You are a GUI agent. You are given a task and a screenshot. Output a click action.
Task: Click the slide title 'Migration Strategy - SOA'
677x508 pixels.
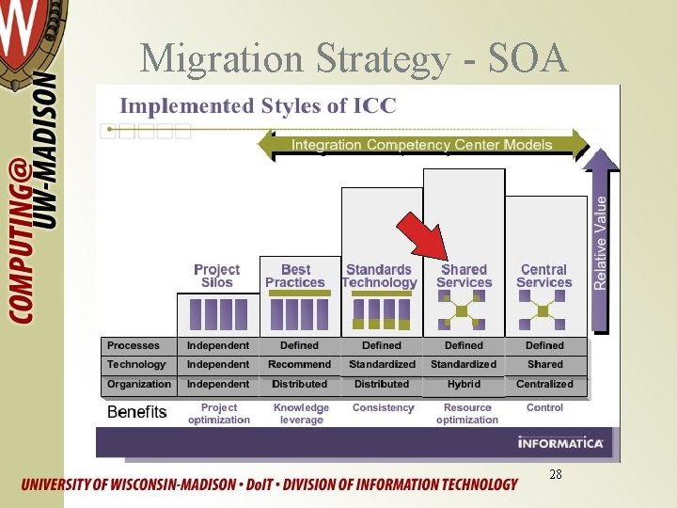click(354, 59)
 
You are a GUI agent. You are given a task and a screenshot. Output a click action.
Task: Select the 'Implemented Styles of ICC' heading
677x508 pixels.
click(257, 104)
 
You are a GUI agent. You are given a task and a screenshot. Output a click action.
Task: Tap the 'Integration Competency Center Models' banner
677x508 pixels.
click(422, 145)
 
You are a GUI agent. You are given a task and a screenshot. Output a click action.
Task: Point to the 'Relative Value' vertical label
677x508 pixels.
click(601, 242)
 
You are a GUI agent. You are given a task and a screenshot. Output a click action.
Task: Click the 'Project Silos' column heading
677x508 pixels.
click(216, 276)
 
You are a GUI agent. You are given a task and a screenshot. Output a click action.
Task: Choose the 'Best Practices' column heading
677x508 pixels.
click(295, 276)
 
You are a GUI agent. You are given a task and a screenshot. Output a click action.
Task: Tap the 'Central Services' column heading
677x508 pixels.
click(543, 276)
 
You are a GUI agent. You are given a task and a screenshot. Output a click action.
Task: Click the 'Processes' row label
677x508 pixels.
click(134, 345)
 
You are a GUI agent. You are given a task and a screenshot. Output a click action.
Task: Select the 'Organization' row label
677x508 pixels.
click(139, 384)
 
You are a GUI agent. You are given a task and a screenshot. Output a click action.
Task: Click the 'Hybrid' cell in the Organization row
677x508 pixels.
click(464, 384)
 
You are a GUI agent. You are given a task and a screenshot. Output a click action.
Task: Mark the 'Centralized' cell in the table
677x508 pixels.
click(544, 384)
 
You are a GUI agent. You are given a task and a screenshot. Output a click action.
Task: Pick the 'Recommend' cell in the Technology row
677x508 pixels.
click(299, 364)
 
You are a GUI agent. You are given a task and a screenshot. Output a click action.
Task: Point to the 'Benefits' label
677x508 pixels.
click(137, 412)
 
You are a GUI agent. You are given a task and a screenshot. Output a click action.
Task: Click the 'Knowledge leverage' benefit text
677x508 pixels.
click(301, 414)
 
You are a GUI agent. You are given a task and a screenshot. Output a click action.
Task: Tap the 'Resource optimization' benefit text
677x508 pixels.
click(466, 414)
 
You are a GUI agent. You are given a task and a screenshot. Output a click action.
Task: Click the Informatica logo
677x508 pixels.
click(559, 441)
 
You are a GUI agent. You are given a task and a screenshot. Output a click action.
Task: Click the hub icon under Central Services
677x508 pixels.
click(543, 311)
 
